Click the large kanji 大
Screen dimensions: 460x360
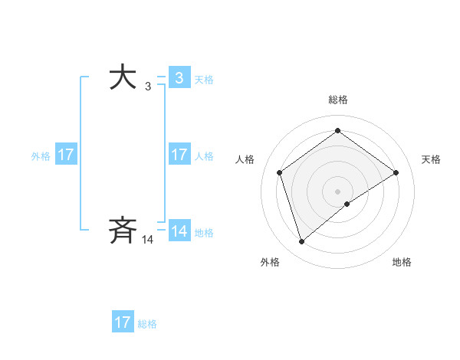pyautogui.click(x=123, y=78)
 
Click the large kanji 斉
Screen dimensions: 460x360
pyautogui.click(x=123, y=230)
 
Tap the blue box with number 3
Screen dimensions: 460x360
pyautogui.click(x=179, y=78)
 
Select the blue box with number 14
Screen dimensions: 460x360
pyautogui.click(x=179, y=231)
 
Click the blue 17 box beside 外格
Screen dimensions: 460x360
pyautogui.click(x=65, y=155)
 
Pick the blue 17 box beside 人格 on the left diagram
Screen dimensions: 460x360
pyautogui.click(x=179, y=155)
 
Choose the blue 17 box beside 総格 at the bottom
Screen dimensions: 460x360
pyautogui.click(x=123, y=322)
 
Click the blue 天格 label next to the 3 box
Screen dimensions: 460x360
pyautogui.click(x=204, y=80)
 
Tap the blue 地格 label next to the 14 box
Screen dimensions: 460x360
pyautogui.click(x=204, y=233)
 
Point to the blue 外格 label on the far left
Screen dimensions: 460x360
pyautogui.click(x=41, y=156)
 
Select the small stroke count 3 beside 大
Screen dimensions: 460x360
pyautogui.click(x=148, y=87)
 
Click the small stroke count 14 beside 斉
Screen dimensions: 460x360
pyautogui.click(x=148, y=240)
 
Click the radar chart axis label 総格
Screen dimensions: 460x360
pyautogui.click(x=337, y=100)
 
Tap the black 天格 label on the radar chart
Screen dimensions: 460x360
pyautogui.click(x=431, y=159)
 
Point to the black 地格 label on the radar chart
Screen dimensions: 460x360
pyautogui.click(x=402, y=263)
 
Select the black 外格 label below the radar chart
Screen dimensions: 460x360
pyautogui.click(x=270, y=263)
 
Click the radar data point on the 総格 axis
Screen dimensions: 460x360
pyautogui.click(x=337, y=131)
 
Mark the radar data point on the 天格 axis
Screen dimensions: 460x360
pyautogui.click(x=396, y=172)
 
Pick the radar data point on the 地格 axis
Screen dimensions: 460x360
pyautogui.click(x=347, y=204)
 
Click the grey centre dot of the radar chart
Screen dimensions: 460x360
pyautogui.click(x=337, y=191)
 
